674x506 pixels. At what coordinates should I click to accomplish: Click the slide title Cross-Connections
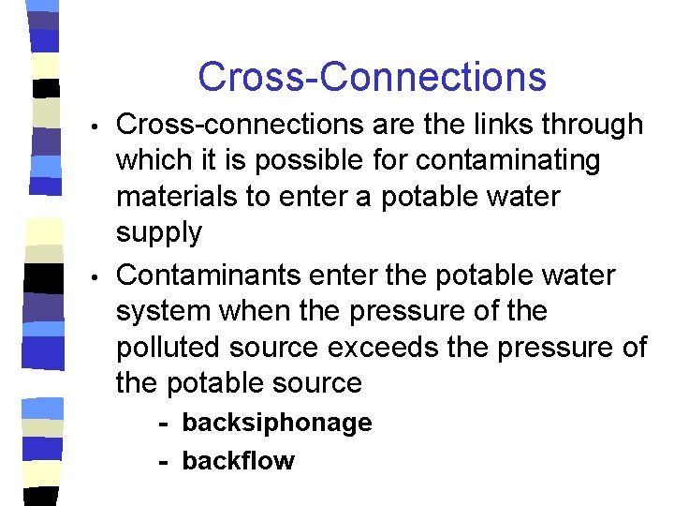click(x=372, y=77)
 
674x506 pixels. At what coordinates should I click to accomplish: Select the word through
click(x=595, y=125)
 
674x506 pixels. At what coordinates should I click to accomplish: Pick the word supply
click(x=158, y=233)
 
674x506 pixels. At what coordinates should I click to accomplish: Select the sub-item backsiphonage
click(x=276, y=423)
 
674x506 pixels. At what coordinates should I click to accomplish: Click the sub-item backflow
click(x=238, y=461)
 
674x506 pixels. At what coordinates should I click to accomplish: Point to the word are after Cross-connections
click(x=386, y=125)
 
